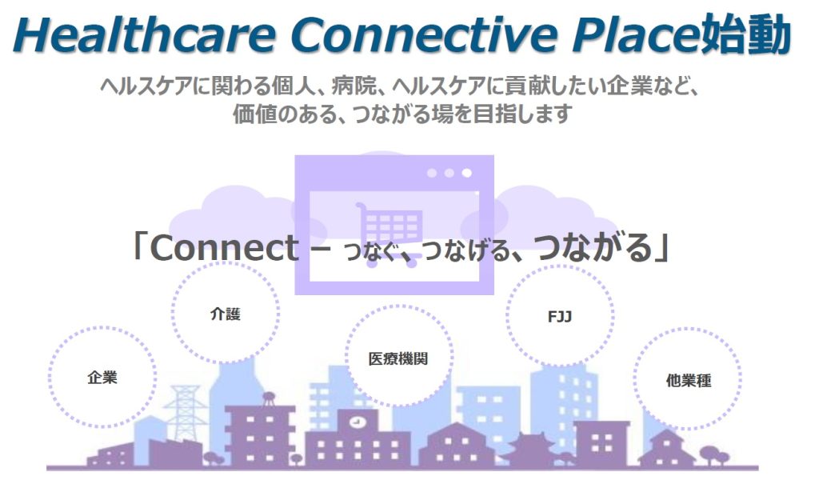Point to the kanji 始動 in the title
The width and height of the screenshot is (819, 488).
pos(746,34)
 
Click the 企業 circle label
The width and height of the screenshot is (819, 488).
pos(102,378)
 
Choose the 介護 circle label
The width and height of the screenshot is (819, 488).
pos(225,314)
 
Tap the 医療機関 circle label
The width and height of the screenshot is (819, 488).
pos(398,359)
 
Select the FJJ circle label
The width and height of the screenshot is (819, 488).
pos(560,317)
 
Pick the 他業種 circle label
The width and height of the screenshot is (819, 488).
pos(689,380)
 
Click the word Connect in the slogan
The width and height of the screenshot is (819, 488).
pos(225,247)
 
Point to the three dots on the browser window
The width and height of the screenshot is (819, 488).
pos(449,173)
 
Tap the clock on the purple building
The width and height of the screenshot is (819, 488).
pos(357,421)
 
